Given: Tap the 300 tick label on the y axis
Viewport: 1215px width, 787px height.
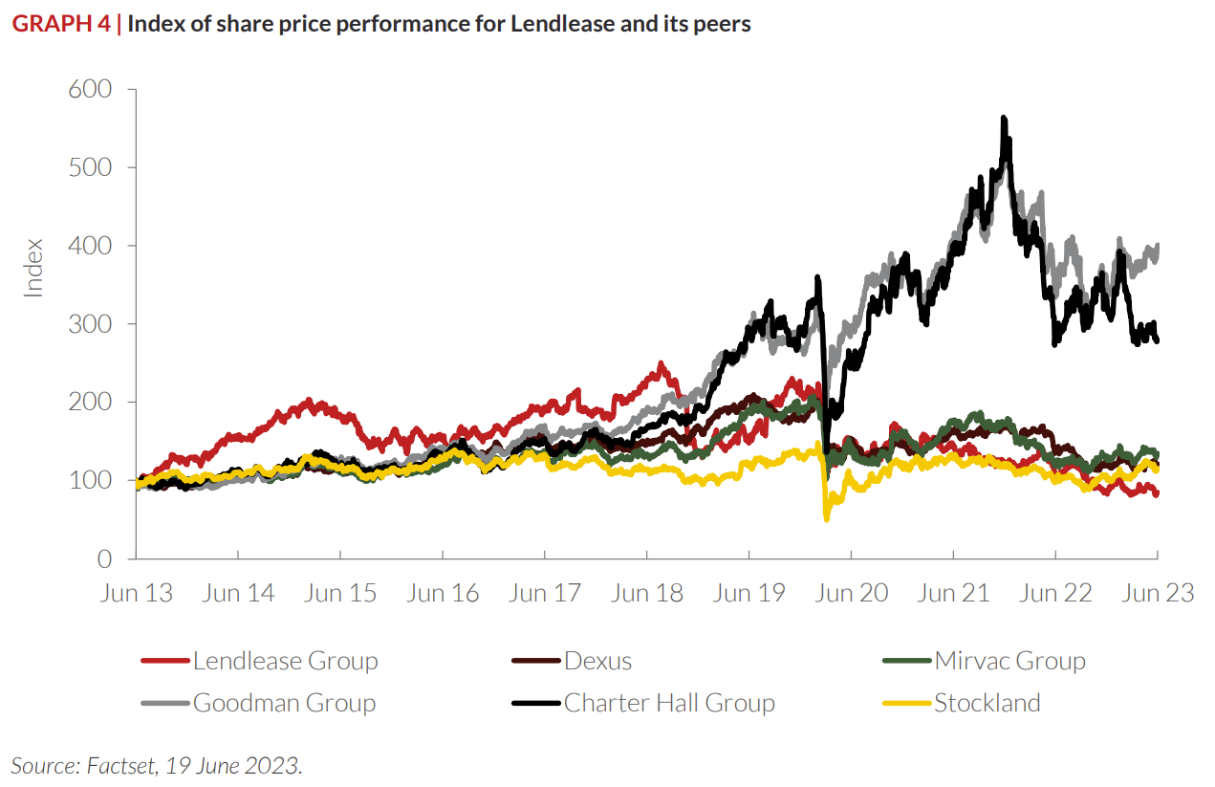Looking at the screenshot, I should coord(92,323).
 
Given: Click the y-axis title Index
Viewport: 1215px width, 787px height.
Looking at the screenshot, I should coord(34,268).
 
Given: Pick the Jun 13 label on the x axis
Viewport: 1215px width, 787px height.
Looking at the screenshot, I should coord(137,593).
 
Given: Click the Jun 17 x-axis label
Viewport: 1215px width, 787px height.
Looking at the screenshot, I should coord(545,593).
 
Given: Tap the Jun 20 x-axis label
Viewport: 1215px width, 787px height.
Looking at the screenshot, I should coord(851,593).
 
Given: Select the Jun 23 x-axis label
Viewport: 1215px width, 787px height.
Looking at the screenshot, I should coord(1158,593).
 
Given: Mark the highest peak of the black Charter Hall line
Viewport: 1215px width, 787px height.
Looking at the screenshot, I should coord(1003,118).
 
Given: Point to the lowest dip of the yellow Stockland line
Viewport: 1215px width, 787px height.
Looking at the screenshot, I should coord(826,519).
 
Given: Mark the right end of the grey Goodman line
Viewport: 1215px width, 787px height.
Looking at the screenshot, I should coord(1158,246).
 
